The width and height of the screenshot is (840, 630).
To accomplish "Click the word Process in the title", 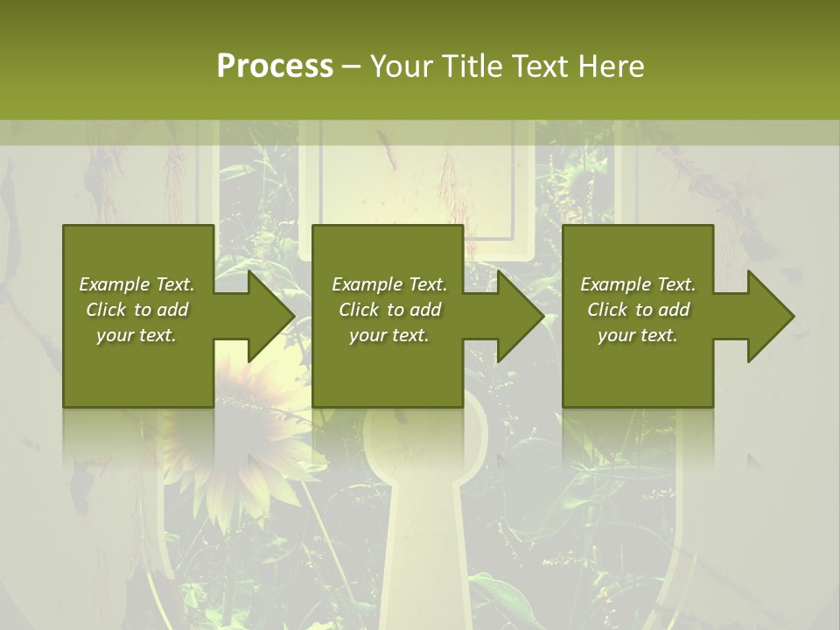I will coord(275,66).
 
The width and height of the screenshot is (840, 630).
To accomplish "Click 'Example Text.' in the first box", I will coord(136,284).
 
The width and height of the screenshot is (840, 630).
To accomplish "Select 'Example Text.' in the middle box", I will coord(388,284).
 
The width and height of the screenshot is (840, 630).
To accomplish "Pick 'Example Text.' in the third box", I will coord(638,284).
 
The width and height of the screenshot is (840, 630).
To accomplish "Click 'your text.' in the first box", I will coord(136,335).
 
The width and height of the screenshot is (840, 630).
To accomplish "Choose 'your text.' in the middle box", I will coord(388,335).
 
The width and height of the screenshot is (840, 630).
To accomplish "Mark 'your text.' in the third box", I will coord(638,335).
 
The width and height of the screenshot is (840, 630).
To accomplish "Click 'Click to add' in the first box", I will coord(136,310).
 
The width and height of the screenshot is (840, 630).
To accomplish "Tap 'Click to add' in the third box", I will coord(638,310).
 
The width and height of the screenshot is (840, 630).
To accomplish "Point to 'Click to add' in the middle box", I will coord(388,310).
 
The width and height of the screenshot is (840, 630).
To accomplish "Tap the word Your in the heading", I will coord(402,66).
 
